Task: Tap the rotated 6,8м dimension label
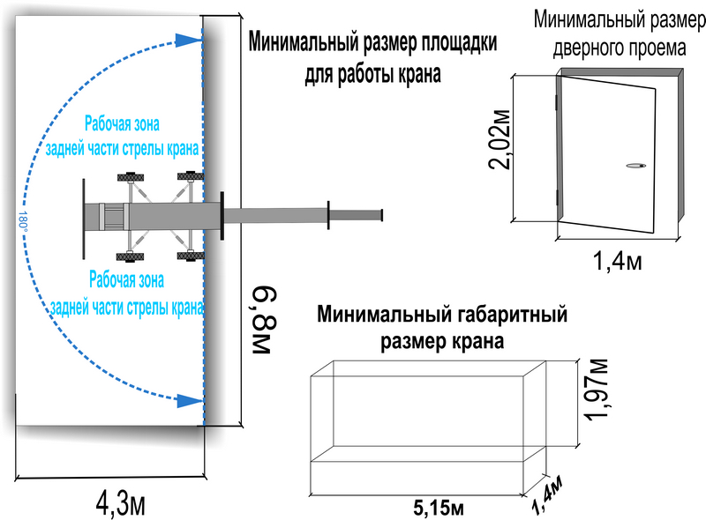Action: coord(263,320)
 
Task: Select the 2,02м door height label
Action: coord(499,139)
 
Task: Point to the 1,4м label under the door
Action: coord(617,261)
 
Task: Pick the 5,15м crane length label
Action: coord(438,508)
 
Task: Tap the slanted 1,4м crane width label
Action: coord(546,494)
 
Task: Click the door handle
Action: coord(635,166)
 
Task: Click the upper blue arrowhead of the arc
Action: coord(188,40)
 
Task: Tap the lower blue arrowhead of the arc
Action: coord(189,400)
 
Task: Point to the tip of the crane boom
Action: coord(382,215)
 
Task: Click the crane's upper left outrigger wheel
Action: coord(131,176)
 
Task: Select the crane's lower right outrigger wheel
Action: coord(191,256)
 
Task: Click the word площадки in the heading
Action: coord(459,43)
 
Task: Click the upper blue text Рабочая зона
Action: coord(122,123)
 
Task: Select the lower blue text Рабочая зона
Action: coord(126,279)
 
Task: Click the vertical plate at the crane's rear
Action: coord(84,219)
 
